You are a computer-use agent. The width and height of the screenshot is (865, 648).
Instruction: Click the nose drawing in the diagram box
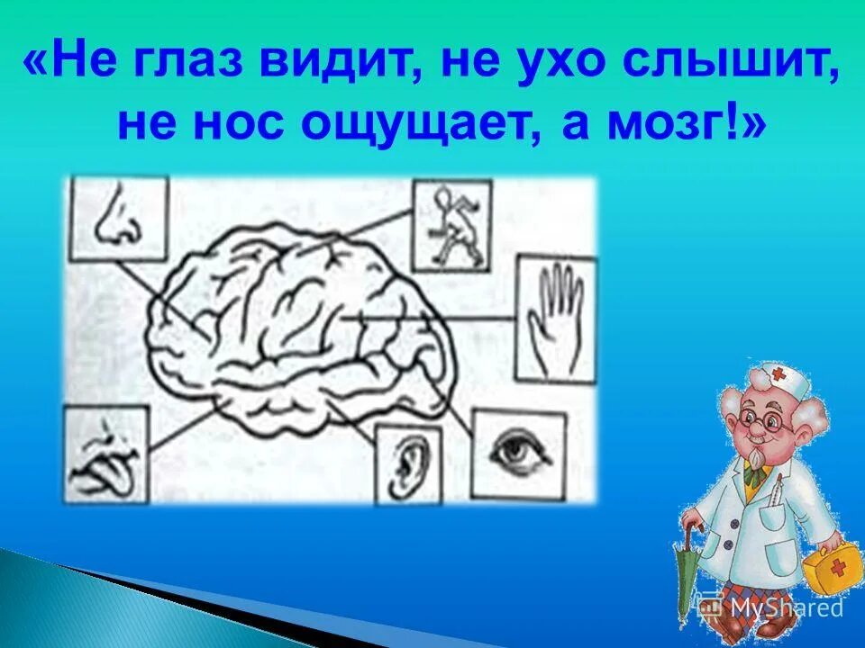[117, 219]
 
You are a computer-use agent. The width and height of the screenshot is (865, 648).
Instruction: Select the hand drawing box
[555, 320]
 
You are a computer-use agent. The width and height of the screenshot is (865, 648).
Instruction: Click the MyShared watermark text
[784, 607]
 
